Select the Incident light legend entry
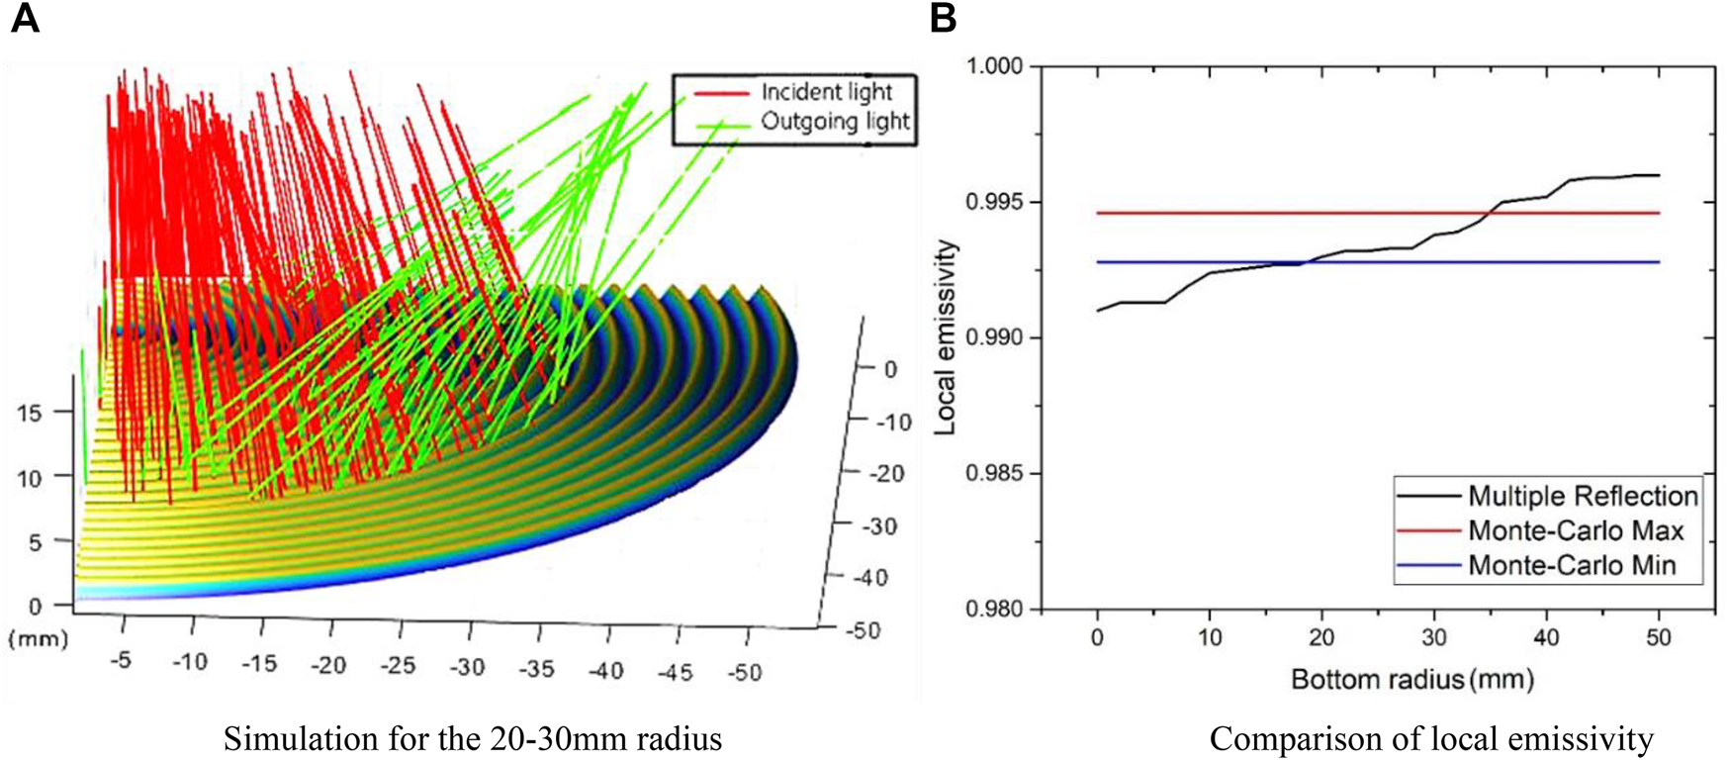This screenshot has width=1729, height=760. click(x=826, y=92)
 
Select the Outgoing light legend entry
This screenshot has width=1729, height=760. click(x=834, y=122)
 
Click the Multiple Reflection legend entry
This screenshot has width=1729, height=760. click(x=1582, y=496)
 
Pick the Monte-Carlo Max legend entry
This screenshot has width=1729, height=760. click(x=1575, y=531)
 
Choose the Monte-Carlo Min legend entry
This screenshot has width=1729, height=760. click(x=1571, y=566)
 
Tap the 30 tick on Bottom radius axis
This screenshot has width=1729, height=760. click(x=1434, y=638)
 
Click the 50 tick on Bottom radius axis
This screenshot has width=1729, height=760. click(x=1659, y=638)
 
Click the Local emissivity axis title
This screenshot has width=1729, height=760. click(x=946, y=336)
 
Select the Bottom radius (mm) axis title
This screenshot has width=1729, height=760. click(x=1411, y=680)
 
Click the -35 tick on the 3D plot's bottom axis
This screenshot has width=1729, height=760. click(x=537, y=670)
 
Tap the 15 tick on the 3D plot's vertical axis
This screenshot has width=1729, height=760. click(x=30, y=413)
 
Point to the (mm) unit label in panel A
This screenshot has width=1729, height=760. click(x=38, y=638)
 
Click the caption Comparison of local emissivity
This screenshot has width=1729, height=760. click(x=1430, y=739)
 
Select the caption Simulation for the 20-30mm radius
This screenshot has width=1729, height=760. click(x=472, y=739)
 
